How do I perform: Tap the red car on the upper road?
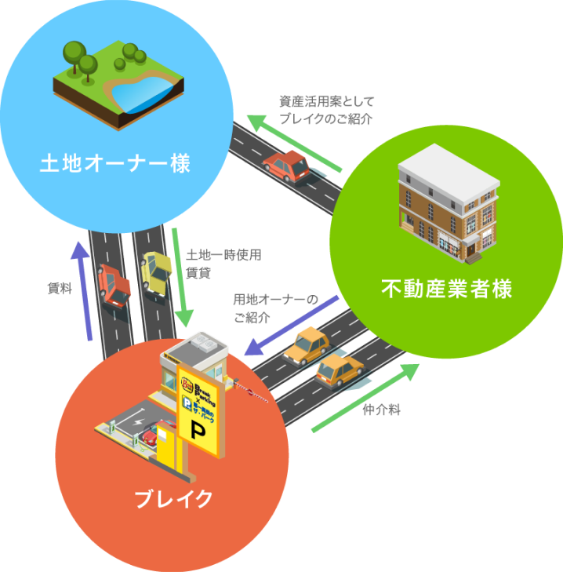[287, 164]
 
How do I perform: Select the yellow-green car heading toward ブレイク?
[156, 272]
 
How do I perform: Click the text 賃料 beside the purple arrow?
[60, 289]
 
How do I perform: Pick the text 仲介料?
[382, 409]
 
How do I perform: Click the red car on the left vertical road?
[114, 286]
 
